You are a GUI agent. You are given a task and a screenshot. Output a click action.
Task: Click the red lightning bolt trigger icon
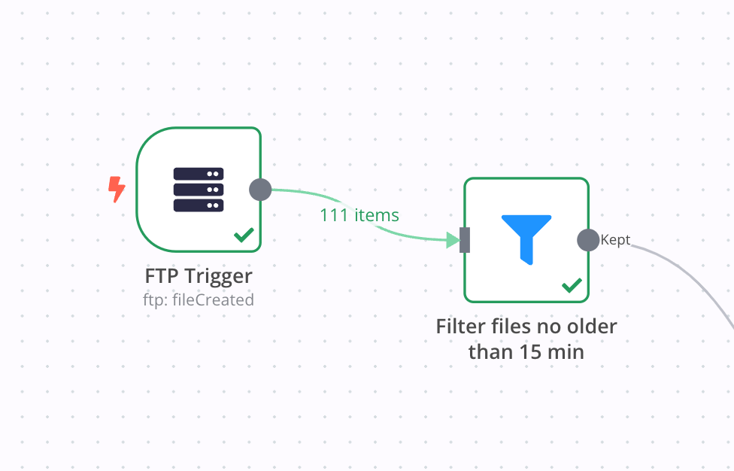[117, 190]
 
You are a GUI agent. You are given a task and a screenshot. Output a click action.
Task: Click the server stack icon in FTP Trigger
[199, 190]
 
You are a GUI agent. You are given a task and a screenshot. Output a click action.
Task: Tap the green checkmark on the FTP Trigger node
[243, 235]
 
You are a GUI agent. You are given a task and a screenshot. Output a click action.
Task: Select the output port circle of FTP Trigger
[260, 190]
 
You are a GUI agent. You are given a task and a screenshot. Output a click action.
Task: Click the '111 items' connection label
[359, 215]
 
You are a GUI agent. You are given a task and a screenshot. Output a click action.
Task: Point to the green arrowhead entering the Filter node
[453, 240]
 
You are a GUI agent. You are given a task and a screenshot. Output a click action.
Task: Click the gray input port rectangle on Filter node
[465, 240]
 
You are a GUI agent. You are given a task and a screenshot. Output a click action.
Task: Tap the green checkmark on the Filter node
[572, 285]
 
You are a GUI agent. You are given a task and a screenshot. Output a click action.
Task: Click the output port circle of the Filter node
[588, 240]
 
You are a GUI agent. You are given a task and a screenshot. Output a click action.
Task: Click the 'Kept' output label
[615, 241]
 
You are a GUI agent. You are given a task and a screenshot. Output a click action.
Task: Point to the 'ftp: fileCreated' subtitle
[199, 299]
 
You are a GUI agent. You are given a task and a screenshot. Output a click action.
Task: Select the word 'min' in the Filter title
[568, 351]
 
